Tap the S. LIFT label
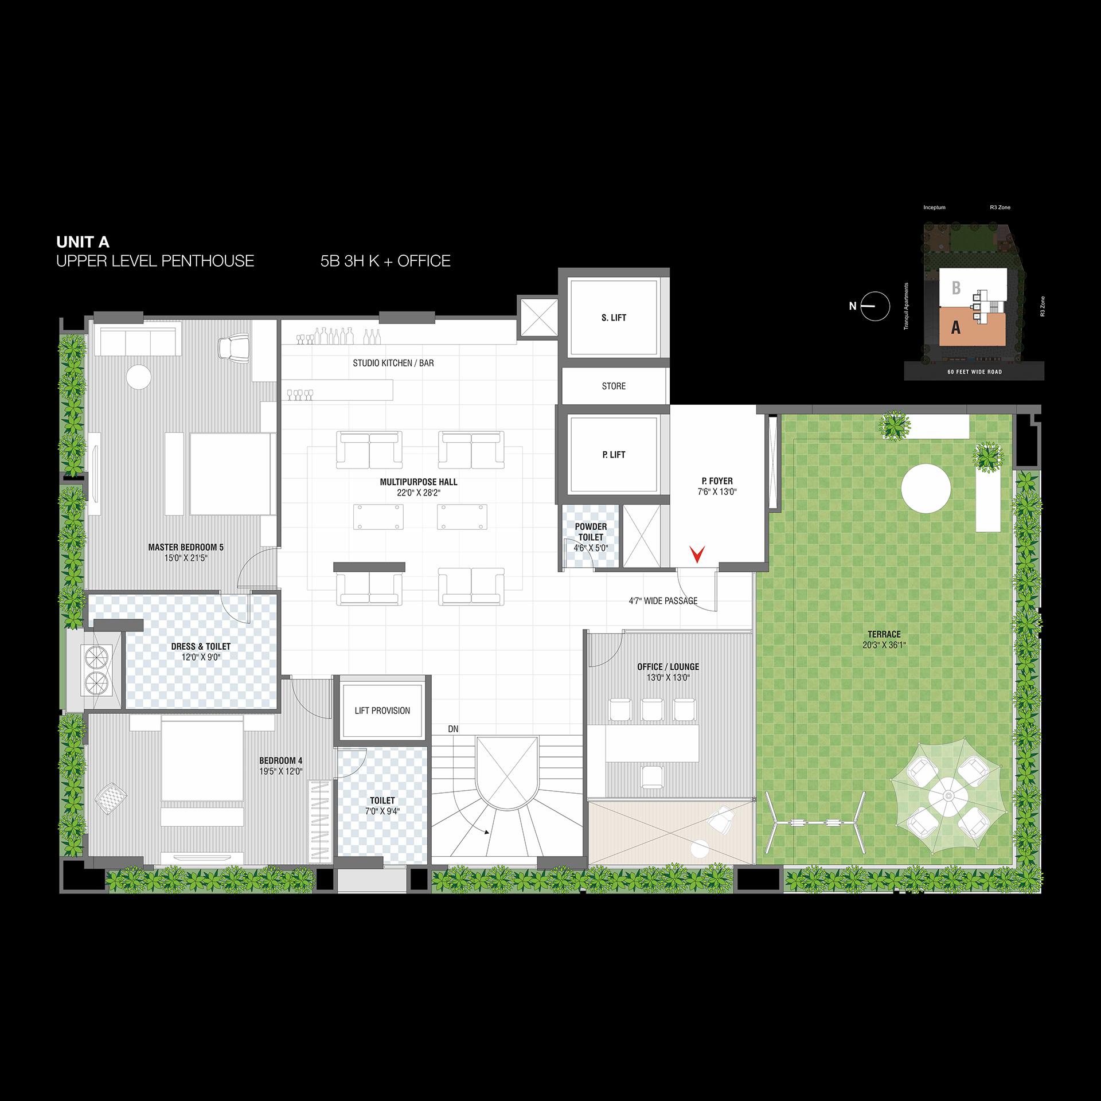(x=614, y=318)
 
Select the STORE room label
(x=614, y=386)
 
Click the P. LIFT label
(x=614, y=455)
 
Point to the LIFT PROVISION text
(x=382, y=710)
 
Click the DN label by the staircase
(x=453, y=729)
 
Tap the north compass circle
(x=876, y=306)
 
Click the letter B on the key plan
(x=956, y=287)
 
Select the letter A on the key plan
(x=955, y=327)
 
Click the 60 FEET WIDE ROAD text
(x=974, y=372)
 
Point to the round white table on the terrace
(x=926, y=489)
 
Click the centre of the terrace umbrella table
(x=948, y=795)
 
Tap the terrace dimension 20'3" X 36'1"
(x=884, y=645)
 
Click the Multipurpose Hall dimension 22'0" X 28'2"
(x=419, y=493)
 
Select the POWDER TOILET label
(x=591, y=532)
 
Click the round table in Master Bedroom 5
(x=139, y=377)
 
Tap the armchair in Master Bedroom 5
(x=234, y=348)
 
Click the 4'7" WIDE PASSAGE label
(x=663, y=601)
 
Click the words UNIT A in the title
(x=83, y=242)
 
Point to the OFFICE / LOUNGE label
(x=668, y=667)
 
